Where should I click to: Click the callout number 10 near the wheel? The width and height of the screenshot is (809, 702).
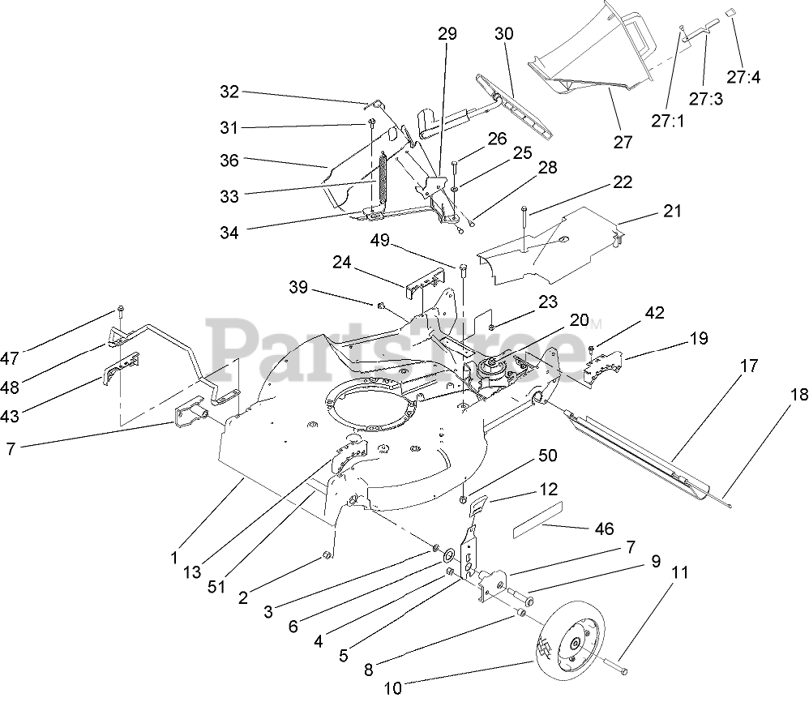(392, 689)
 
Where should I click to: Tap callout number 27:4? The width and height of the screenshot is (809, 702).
(743, 78)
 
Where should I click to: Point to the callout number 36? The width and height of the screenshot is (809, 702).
(229, 161)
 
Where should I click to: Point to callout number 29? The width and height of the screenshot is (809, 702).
(447, 34)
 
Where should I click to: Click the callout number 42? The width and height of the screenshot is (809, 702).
(654, 313)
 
